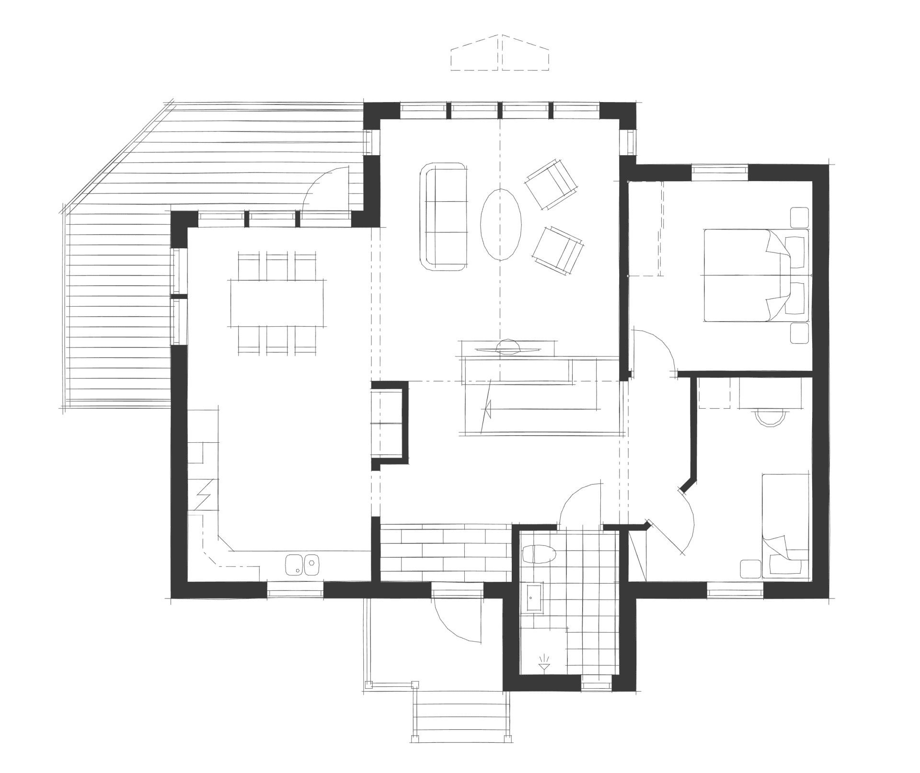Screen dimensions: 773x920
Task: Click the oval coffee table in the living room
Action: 501,224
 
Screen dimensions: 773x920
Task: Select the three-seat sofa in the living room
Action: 444,217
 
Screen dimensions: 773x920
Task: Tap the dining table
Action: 277,303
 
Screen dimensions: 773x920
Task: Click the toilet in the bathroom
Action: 539,554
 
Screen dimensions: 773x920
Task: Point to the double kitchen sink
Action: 302,565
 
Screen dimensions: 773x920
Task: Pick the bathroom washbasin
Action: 534,599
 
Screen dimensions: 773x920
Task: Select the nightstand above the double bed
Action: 799,217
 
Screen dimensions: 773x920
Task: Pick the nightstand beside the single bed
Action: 750,569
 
